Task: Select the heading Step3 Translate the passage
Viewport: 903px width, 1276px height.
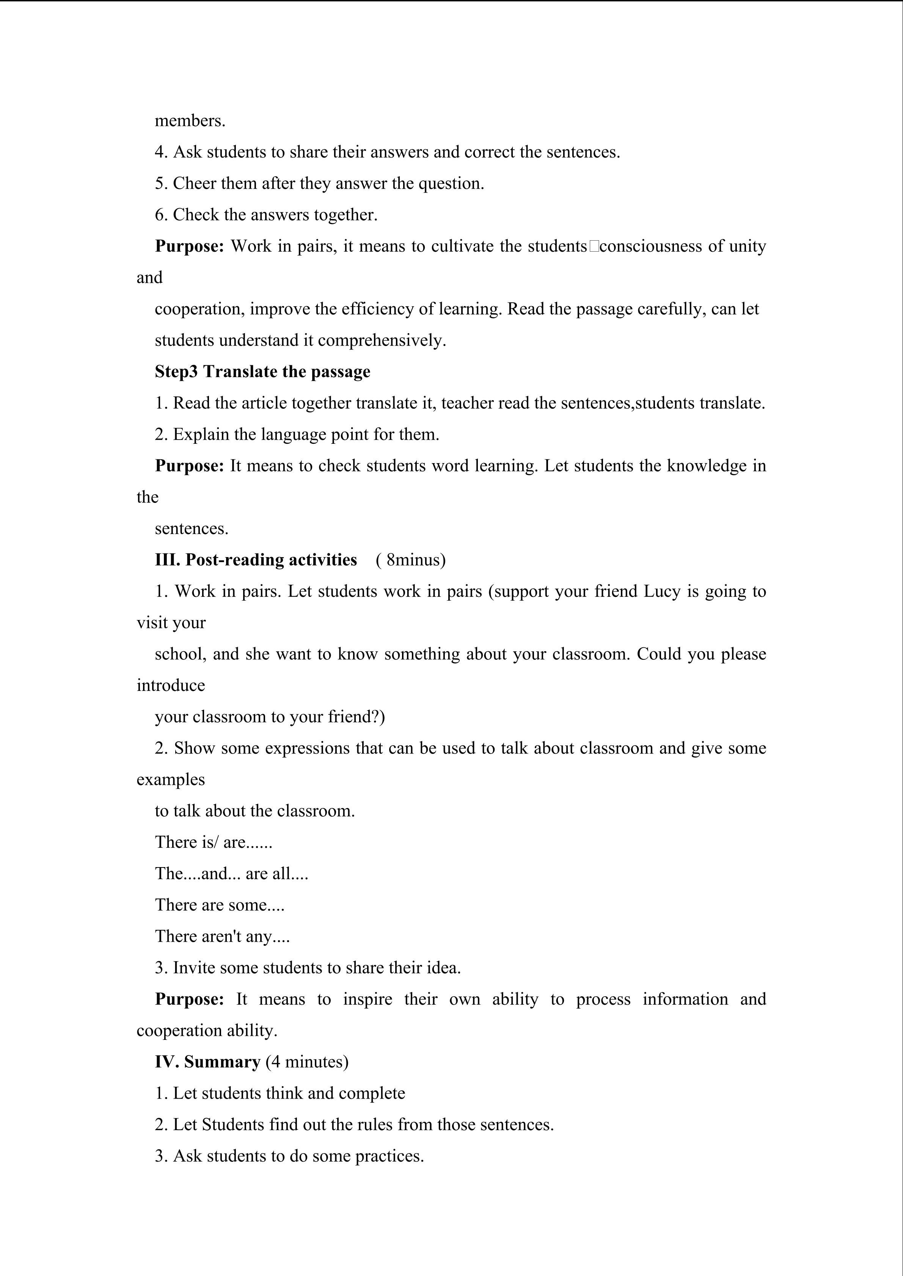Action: point(262,372)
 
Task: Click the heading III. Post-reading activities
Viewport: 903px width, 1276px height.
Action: point(256,560)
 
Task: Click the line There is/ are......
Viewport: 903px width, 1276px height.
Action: point(214,842)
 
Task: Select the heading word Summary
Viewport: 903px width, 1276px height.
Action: point(222,1062)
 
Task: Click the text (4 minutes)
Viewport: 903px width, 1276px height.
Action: point(307,1062)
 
